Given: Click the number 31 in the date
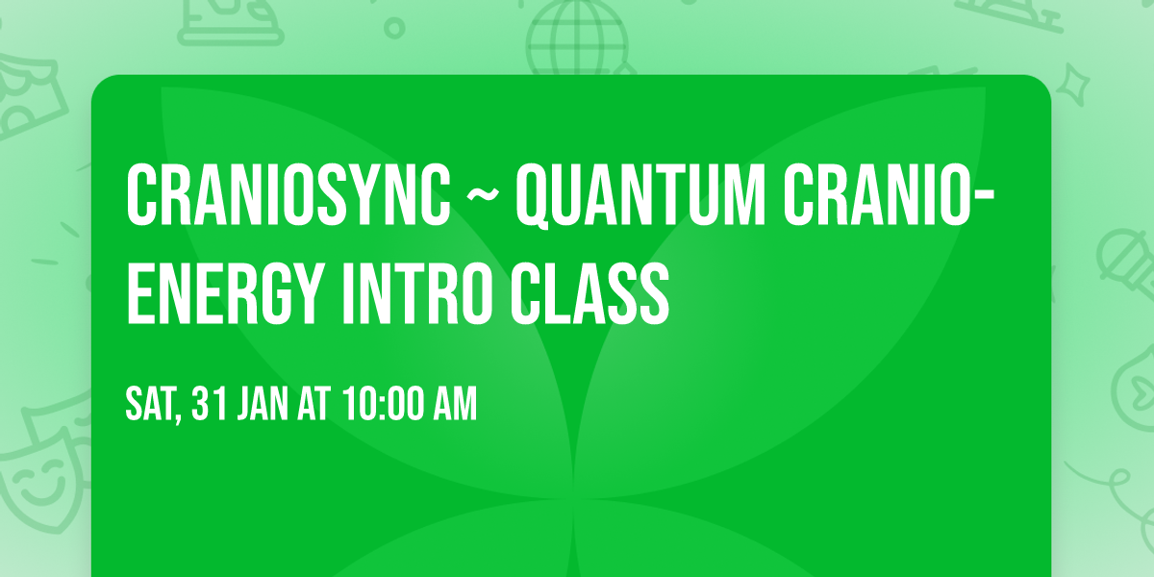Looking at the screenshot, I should tap(210, 404).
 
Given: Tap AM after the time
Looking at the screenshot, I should tap(452, 404).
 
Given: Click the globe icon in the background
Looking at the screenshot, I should tap(576, 34).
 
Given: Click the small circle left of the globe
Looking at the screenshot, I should tap(393, 29).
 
